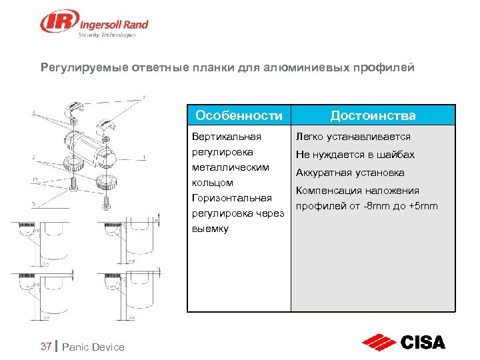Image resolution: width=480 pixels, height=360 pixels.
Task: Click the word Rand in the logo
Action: click(134, 25)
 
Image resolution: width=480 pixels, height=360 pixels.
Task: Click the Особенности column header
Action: click(239, 115)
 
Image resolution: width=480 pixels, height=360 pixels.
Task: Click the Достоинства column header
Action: click(373, 115)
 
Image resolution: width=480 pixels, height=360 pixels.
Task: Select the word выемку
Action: click(210, 229)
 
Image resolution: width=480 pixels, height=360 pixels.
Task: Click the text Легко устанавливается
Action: click(353, 137)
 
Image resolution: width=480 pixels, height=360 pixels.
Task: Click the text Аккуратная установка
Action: click(350, 173)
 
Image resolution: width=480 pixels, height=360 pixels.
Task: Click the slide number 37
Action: click(46, 346)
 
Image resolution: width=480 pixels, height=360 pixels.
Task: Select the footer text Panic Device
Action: click(93, 347)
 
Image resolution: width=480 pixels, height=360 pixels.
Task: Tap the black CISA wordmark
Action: click(423, 343)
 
